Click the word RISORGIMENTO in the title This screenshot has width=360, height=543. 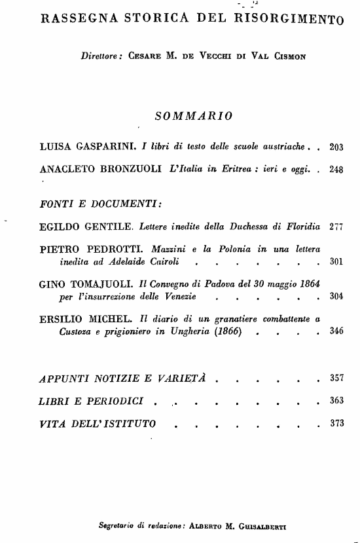[289, 19]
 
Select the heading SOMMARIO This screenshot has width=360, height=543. [193, 117]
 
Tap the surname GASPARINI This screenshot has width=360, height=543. [102, 147]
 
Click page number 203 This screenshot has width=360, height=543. [336, 147]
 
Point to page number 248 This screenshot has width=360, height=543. [336, 169]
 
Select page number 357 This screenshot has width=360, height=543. [336, 379]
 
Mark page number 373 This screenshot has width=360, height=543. [336, 423]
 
